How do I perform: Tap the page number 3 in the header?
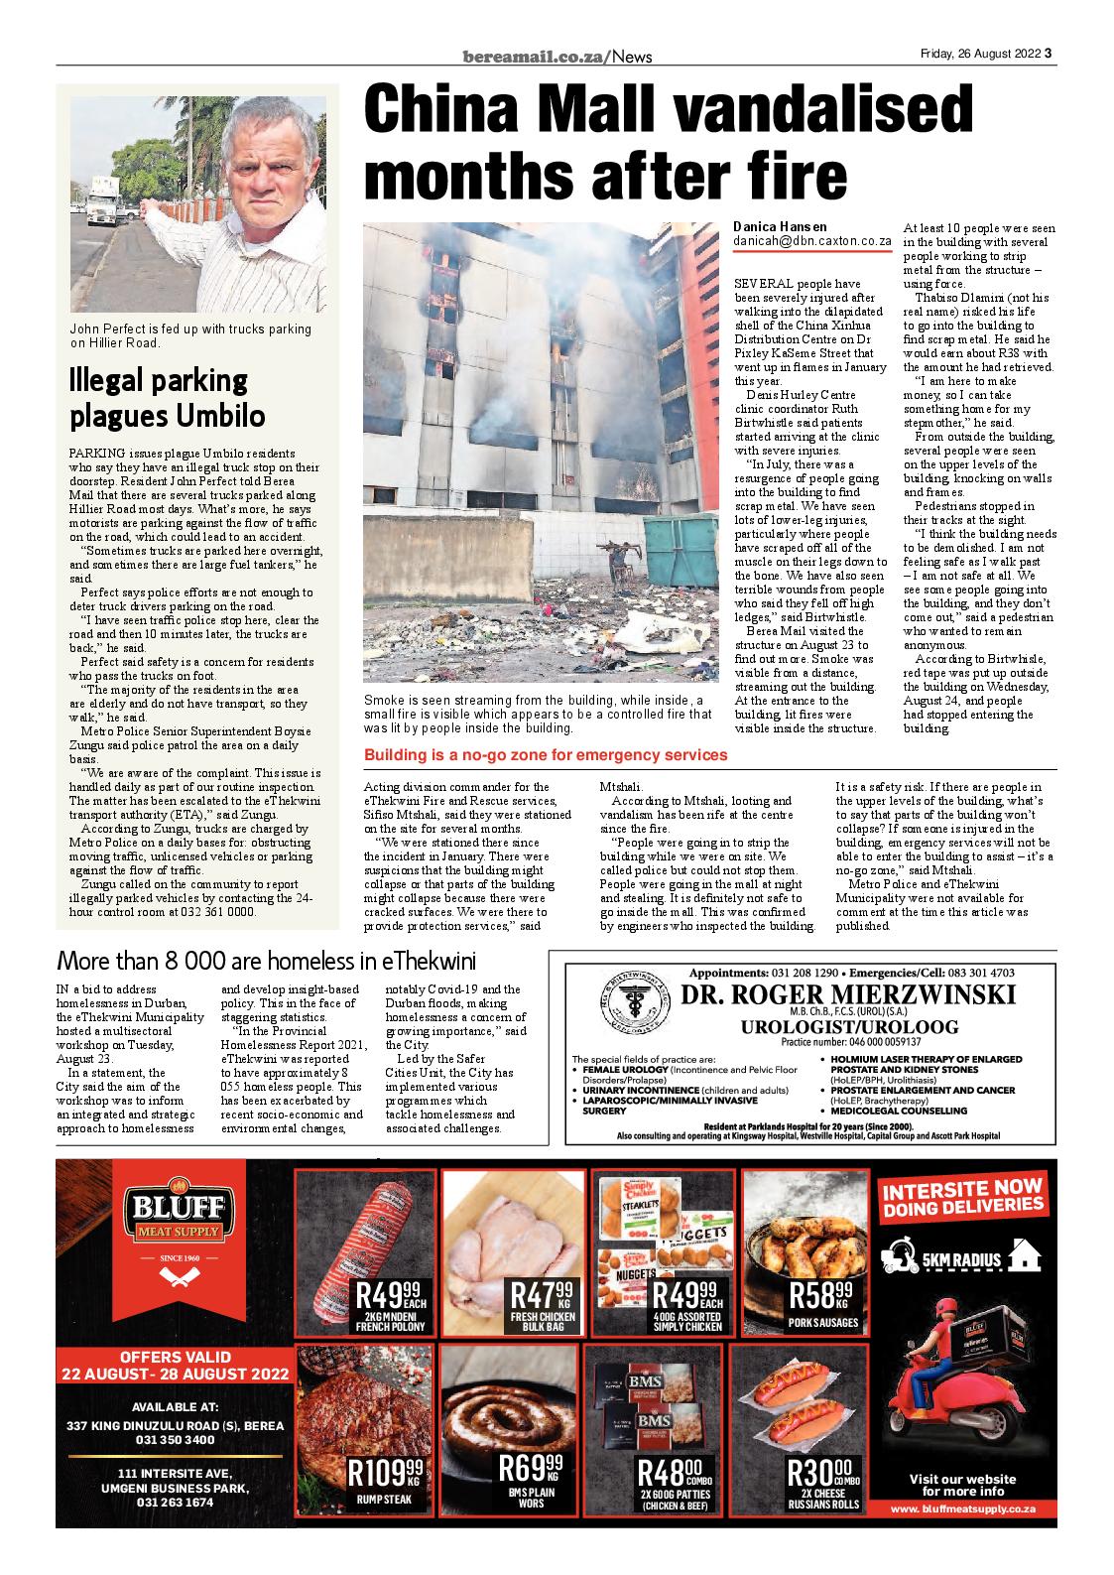click(1049, 56)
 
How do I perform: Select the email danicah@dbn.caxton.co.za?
click(812, 241)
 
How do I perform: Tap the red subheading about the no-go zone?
click(546, 755)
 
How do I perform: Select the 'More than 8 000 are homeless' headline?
click(267, 961)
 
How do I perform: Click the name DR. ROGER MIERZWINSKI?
click(848, 996)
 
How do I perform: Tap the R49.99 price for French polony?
click(393, 1296)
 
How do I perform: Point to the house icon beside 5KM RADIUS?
click(1024, 1257)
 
